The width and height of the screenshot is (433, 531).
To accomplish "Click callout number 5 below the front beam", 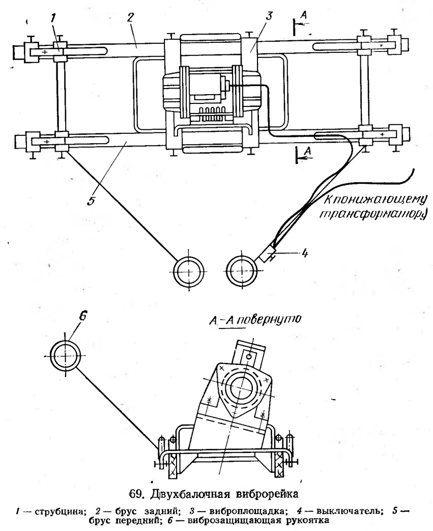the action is [x=91, y=201].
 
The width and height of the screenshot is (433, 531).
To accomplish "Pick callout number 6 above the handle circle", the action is [x=82, y=316].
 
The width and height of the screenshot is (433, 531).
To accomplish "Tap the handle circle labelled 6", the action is [x=66, y=356].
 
